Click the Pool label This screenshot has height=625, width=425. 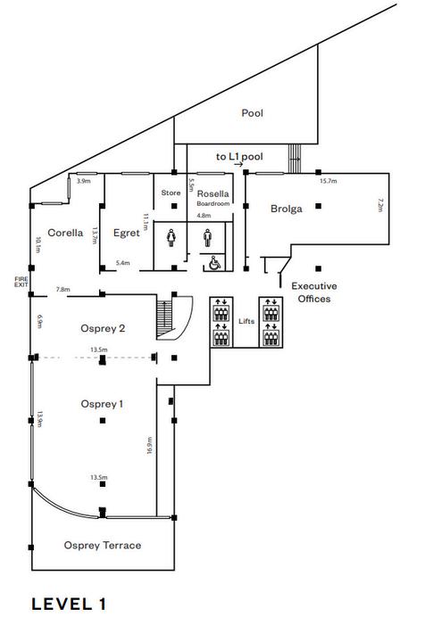[x=252, y=113]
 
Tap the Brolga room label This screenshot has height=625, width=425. [x=286, y=209]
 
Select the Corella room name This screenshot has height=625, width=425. [x=65, y=233]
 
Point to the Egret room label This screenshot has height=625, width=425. [x=127, y=233]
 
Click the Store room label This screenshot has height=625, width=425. [x=171, y=193]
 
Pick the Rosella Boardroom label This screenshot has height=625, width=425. [x=213, y=198]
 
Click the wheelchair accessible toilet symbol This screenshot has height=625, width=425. [x=214, y=263]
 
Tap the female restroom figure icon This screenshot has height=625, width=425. [x=171, y=237]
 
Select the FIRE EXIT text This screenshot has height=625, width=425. [x=21, y=282]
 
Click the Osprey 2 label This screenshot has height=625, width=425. [x=103, y=328]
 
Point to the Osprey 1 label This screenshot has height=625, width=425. [x=102, y=404]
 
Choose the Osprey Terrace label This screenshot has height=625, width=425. [x=103, y=545]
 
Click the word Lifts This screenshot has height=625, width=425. [x=246, y=321]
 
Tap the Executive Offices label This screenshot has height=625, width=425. [x=314, y=292]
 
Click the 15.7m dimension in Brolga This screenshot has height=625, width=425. [x=328, y=181]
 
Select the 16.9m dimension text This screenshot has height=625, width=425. [x=150, y=445]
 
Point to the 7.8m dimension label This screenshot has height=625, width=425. [x=63, y=290]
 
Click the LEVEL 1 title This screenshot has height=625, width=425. [x=69, y=604]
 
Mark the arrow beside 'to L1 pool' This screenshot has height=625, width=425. [x=238, y=164]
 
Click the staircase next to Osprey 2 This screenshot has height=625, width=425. [x=165, y=318]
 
